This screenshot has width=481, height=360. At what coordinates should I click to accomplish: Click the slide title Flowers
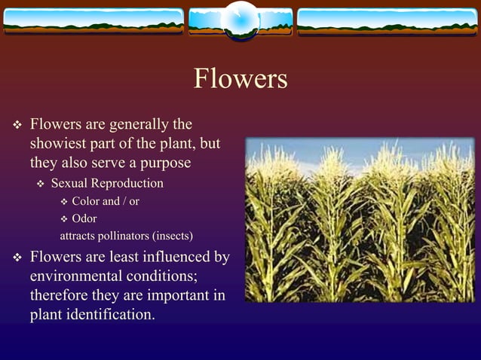click(240, 79)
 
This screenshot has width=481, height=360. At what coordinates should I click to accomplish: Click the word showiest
click(60, 144)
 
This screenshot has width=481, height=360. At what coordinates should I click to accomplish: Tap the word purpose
click(164, 163)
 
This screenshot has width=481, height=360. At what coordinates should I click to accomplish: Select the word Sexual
click(69, 184)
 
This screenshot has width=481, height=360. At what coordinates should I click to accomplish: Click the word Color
click(85, 202)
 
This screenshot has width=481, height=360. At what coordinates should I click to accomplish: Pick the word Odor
click(84, 219)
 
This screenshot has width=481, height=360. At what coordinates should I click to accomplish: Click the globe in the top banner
click(240, 19)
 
